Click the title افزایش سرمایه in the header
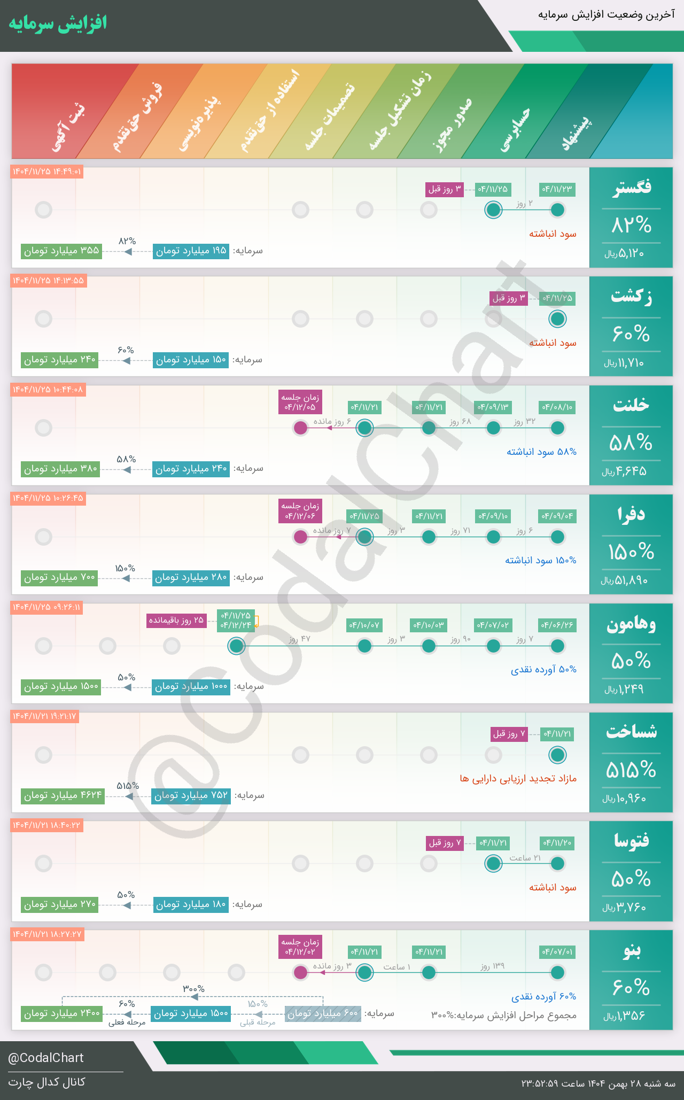tap(58, 24)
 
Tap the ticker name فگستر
tap(632, 188)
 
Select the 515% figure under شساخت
tap(631, 770)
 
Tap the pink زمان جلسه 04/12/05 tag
tap(300, 402)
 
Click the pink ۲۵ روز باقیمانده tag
tap(177, 621)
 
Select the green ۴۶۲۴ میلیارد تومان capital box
tap(63, 796)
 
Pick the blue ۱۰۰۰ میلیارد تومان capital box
tap(191, 687)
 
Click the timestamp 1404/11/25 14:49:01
tap(47, 172)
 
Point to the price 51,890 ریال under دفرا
tap(624, 580)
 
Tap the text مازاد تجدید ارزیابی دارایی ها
tap(518, 779)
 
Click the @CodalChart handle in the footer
tap(46, 1058)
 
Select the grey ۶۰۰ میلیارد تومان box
tap(323, 1014)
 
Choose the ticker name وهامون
tap(631, 624)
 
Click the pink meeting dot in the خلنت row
tap(301, 428)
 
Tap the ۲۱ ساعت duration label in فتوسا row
tap(525, 858)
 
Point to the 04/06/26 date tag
tap(557, 625)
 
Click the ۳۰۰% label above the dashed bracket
tap(193, 989)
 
